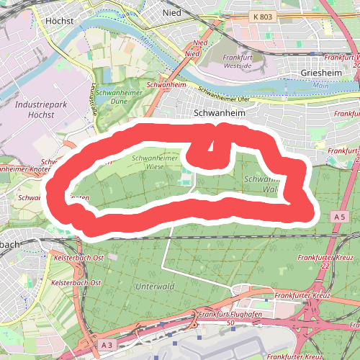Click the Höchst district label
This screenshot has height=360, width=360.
coord(59,21)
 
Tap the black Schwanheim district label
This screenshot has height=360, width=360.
coord(220,113)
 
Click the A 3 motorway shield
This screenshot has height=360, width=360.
coord(107,346)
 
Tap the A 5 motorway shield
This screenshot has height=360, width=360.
coord(340,217)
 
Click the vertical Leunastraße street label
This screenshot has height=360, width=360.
coord(93,100)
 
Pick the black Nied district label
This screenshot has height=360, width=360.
coord(172,12)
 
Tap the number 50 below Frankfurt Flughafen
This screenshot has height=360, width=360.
coord(230,323)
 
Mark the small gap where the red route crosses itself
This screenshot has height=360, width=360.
coord(210,148)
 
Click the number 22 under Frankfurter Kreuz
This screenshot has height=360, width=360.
coord(325,266)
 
